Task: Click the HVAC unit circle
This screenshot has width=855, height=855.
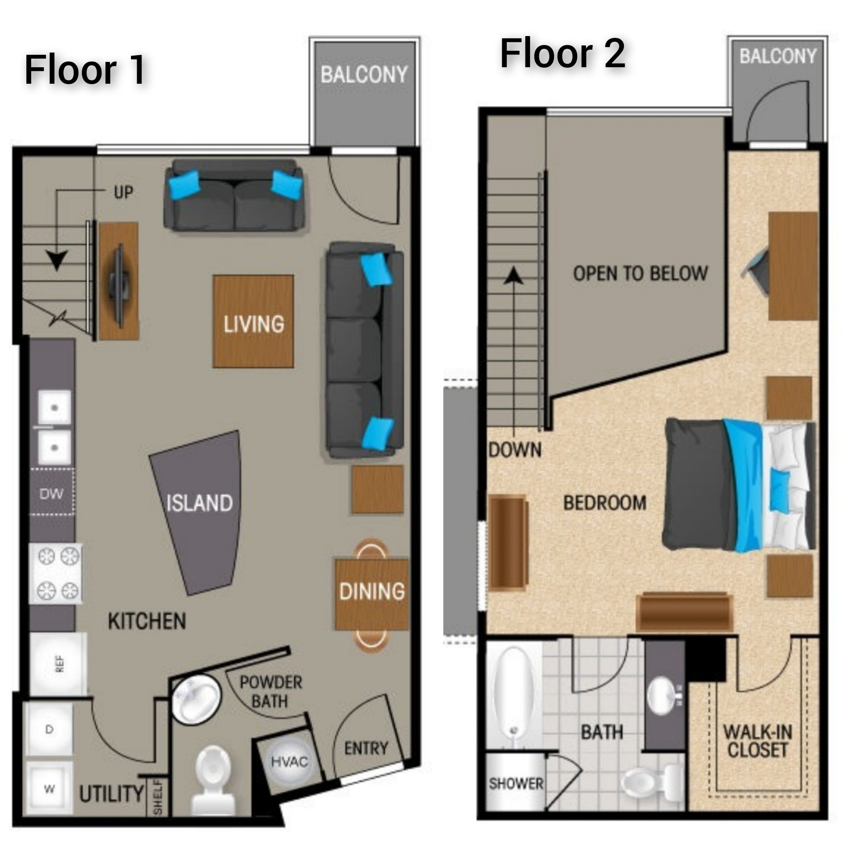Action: pos(289,761)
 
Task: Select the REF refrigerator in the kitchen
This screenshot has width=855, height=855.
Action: pos(59,664)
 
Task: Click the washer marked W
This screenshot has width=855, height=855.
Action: pos(49,789)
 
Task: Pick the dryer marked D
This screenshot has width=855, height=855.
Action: pos(49,729)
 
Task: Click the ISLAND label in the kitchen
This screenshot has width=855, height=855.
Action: pos(199,503)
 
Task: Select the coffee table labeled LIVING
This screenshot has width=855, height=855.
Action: pos(253,322)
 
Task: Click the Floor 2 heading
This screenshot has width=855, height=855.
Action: pos(562,54)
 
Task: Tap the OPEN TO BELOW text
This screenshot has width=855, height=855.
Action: pos(640,273)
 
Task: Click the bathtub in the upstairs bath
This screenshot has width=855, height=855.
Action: pos(513,697)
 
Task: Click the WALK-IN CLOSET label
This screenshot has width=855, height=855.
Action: pos(757,741)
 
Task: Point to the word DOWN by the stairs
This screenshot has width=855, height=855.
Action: pos(515,450)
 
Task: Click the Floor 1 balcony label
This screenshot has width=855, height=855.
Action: pos(364,75)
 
